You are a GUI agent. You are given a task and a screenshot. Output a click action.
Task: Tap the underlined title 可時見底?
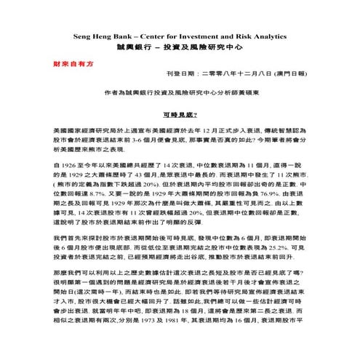click(180, 115)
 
